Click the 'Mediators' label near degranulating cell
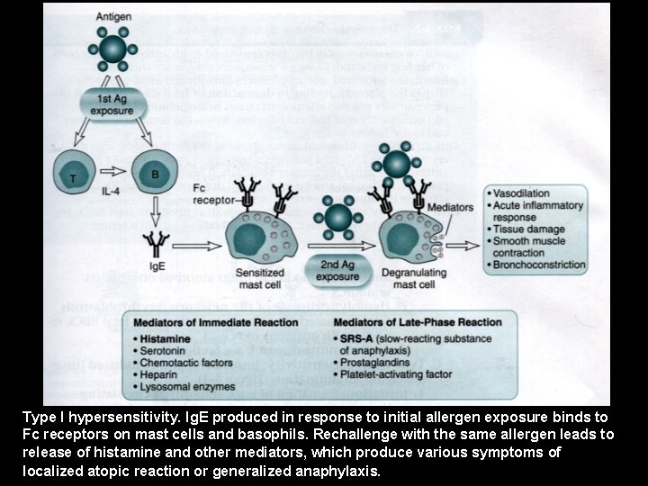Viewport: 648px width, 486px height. point(451,208)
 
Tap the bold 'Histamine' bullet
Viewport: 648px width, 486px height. point(168,338)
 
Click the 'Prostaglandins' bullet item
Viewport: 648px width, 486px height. point(379,362)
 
